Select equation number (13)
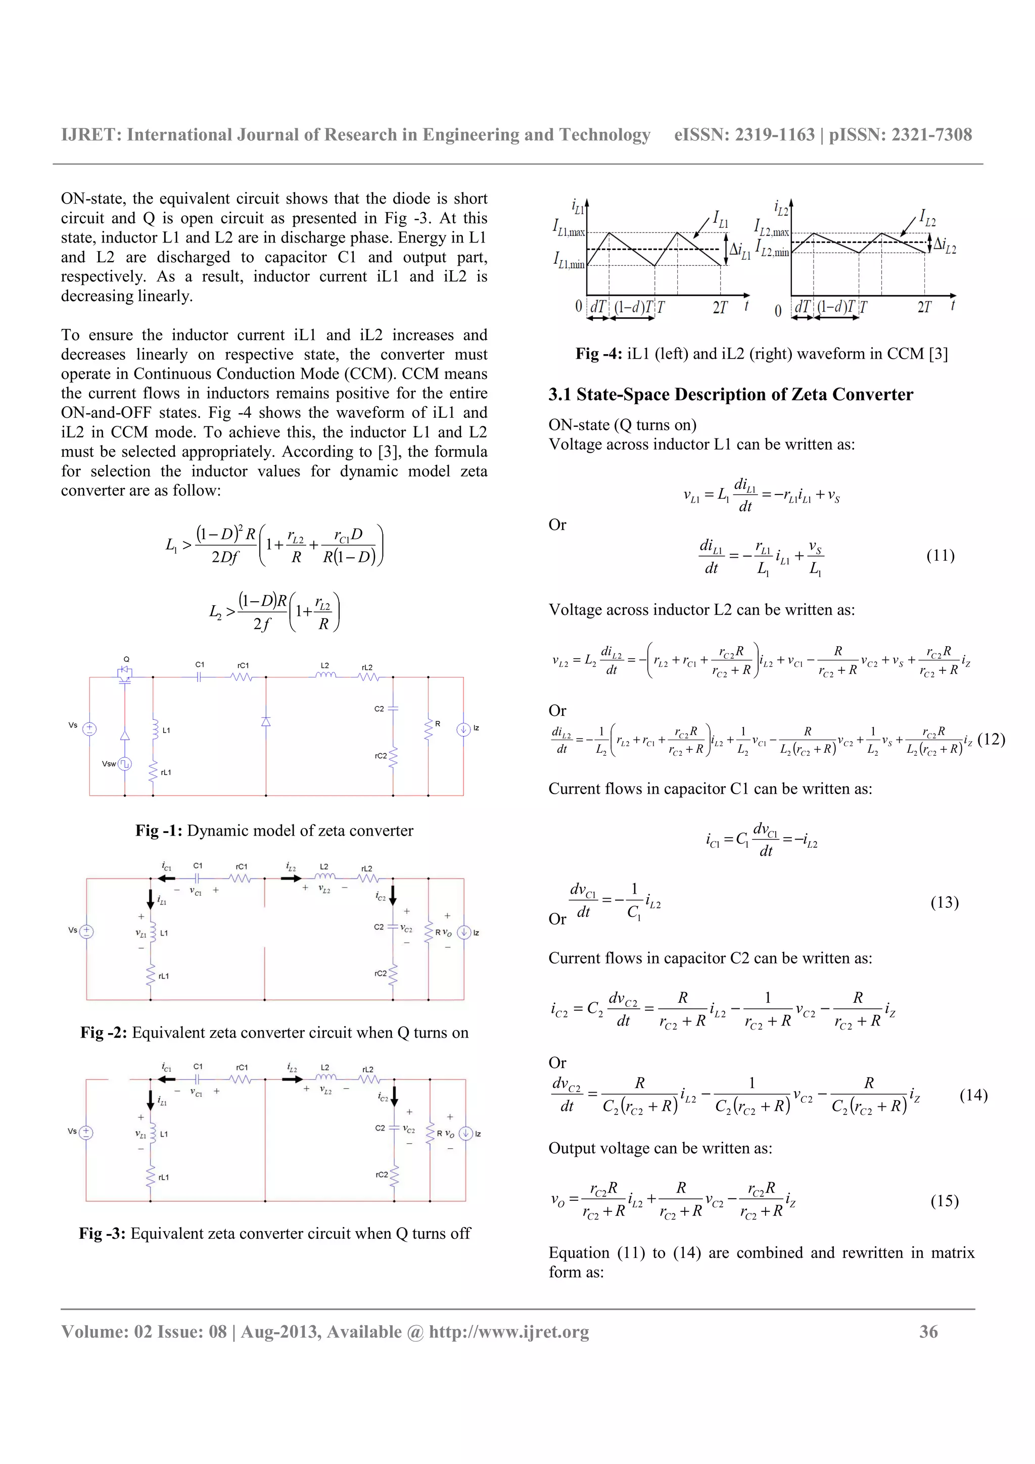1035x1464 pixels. [944, 902]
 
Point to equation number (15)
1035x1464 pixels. [944, 1201]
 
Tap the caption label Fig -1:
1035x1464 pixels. [159, 830]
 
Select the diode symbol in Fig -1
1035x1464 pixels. [266, 721]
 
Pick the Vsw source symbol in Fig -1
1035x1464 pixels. [125, 763]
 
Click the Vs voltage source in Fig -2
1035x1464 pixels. [87, 932]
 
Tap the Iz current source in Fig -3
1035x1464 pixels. [465, 1133]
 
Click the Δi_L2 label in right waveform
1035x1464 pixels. [945, 246]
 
